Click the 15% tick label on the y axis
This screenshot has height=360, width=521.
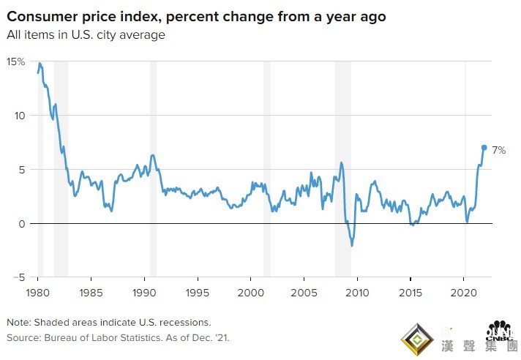tap(15, 61)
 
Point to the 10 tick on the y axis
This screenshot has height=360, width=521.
tap(20, 116)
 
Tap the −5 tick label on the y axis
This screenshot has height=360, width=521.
tap(19, 277)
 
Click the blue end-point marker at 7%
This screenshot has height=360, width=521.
tap(484, 147)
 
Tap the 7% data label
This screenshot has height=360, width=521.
tap(498, 150)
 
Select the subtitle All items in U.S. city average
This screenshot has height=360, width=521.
tap(86, 34)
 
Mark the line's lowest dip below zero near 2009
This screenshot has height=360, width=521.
tap(352, 245)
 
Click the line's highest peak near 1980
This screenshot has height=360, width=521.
tap(40, 64)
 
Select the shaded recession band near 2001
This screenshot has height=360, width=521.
tap(267, 168)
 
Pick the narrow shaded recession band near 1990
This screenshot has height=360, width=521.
tap(153, 168)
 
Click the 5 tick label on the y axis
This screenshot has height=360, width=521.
tap(21, 170)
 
